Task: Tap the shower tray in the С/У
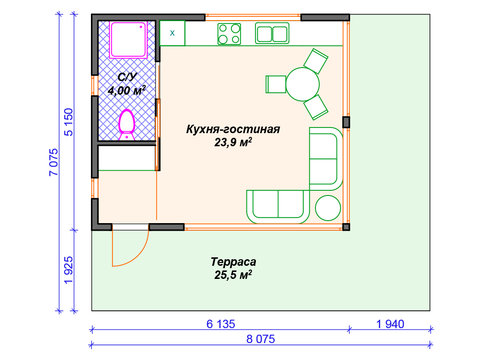tap(128, 39)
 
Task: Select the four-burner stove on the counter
tap(229, 34)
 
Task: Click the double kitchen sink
tap(272, 33)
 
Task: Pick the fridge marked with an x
tap(172, 33)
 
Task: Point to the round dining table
tap(302, 84)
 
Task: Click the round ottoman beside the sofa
tap(328, 208)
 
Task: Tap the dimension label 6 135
tap(221, 324)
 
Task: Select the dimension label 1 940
tap(390, 324)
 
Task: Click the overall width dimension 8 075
tap(261, 339)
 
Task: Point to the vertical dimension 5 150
tap(68, 122)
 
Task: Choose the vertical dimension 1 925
tap(68, 270)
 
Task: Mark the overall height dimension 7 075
tap(53, 162)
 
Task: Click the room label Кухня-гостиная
tap(233, 129)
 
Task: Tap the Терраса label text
tap(233, 262)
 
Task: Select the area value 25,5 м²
tap(233, 275)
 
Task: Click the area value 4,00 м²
tap(127, 90)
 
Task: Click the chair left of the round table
tap(276, 84)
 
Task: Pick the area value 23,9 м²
tap(233, 142)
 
